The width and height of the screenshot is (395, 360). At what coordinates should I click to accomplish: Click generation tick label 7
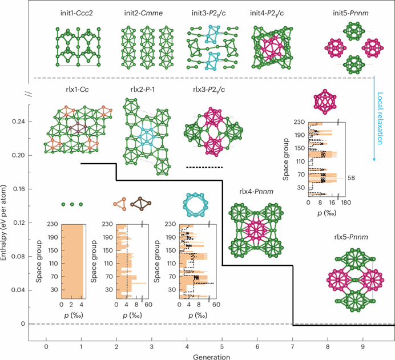coord(293,346)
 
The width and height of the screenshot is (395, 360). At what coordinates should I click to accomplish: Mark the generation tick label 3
coord(152,346)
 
